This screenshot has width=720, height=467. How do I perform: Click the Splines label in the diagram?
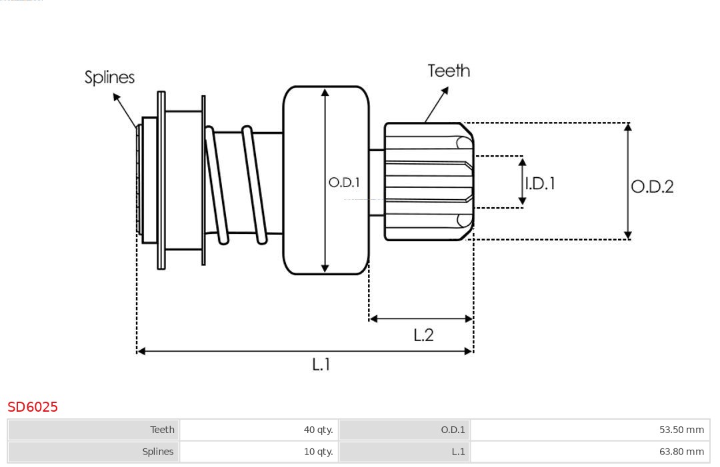[109, 77]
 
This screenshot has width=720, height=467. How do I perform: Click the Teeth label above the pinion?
[449, 71]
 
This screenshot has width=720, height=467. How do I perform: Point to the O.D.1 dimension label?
[344, 182]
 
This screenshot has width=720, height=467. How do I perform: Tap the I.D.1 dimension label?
[540, 183]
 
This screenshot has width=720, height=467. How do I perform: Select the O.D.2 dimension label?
[652, 187]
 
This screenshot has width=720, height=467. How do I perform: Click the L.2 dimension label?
[423, 334]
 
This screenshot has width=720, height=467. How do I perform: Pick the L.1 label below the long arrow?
[321, 364]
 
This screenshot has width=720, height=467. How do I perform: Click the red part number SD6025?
[33, 407]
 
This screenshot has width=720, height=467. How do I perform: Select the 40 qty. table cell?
[259, 430]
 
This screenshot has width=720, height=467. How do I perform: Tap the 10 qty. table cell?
[259, 452]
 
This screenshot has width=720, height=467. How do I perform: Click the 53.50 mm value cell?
[590, 430]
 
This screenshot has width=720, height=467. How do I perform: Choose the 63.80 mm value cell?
[590, 452]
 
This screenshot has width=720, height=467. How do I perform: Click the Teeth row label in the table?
[94, 430]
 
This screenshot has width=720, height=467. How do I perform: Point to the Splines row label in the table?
[94, 452]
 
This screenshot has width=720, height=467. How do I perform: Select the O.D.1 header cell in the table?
[405, 430]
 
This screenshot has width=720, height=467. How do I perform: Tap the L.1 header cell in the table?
[405, 452]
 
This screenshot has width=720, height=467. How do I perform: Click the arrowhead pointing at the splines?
[116, 97]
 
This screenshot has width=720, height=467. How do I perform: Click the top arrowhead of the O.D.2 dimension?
[627, 127]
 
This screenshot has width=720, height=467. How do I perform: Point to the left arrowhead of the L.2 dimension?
[373, 319]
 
